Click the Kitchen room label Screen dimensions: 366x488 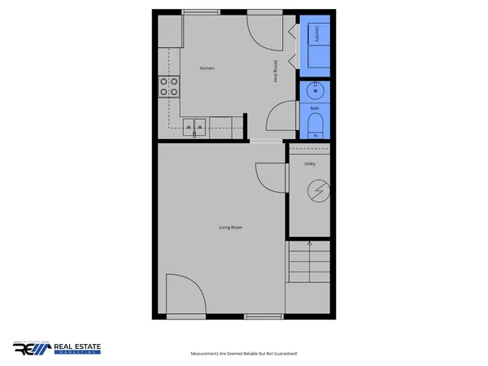click(x=207, y=68)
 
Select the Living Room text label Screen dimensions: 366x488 click(x=231, y=227)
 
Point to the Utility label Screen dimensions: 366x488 click(x=310, y=163)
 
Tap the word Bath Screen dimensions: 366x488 click(x=315, y=107)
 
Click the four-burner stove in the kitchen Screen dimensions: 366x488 click(x=169, y=86)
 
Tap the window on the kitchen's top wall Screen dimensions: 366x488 click(x=200, y=11)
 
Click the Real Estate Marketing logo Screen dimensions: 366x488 click(x=57, y=348)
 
